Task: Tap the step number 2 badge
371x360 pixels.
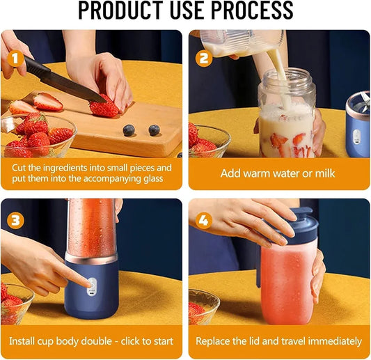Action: pos(204,59)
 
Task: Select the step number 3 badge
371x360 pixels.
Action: pos(15,220)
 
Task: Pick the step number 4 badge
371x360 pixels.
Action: pos(204,220)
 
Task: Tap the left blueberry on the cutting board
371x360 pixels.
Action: pos(129,130)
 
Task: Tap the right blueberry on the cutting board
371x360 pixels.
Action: pos(154,130)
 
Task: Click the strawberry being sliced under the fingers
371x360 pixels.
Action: pos(104,108)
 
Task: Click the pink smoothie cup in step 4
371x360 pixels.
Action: pos(286,285)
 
